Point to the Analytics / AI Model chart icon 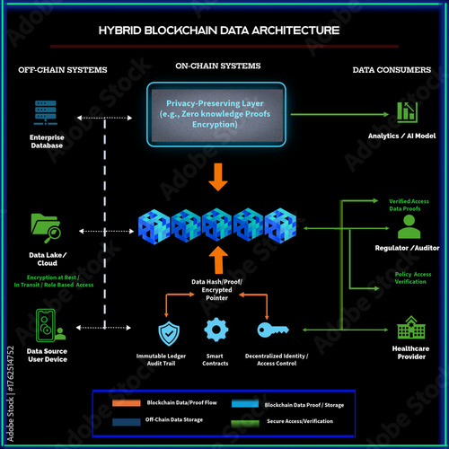pos(407,112)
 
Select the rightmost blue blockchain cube pos(280,224)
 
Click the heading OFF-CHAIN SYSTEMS pos(63,70)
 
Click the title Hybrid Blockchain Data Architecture pos(220,30)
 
